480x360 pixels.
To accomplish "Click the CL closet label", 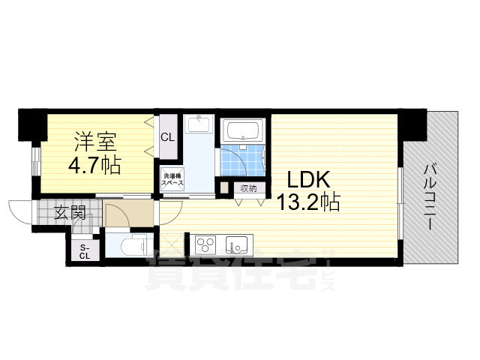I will pyautogui.click(x=169, y=137).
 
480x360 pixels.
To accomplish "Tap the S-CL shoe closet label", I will pyautogui.click(x=84, y=251).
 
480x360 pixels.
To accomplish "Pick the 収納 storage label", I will pyautogui.click(x=248, y=188).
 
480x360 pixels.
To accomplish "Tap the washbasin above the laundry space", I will pyautogui.click(x=199, y=124).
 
